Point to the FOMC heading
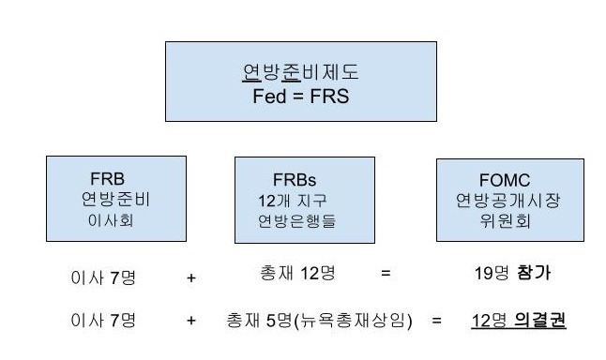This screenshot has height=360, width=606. pos(491,179)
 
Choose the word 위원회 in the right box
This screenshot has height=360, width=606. pos(492,221)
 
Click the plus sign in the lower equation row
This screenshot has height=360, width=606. pos(191,322)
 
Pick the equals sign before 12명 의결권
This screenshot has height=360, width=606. pos(436,322)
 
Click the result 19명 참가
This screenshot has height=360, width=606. pos(512,274)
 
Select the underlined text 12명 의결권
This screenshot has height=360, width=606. pos(518,321)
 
